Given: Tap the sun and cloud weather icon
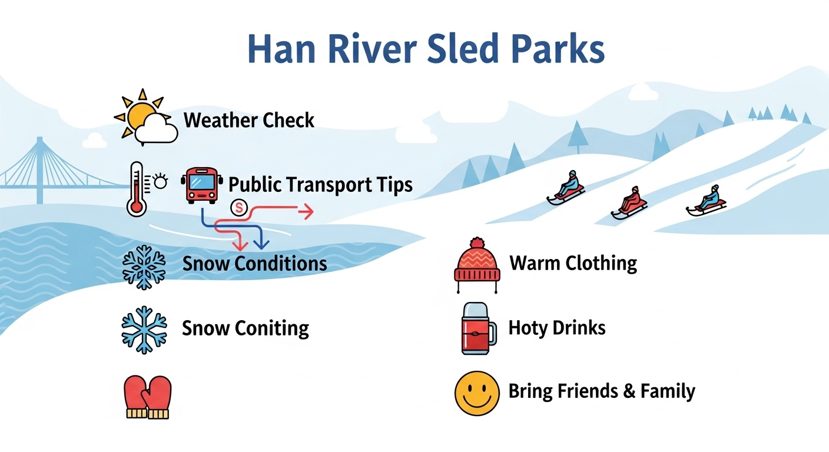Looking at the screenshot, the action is point(146,117).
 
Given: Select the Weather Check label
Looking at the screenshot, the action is point(248,120).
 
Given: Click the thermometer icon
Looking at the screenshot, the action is point(137,189).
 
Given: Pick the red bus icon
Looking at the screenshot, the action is point(202,185).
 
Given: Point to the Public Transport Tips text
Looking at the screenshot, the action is point(320,185).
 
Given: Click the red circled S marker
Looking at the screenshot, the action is point(238,208).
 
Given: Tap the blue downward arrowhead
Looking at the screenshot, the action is point(261,244).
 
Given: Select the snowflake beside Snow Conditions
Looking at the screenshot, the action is point(144,267).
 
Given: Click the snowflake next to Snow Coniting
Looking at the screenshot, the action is point(144,330).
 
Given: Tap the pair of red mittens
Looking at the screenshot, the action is point(148,397).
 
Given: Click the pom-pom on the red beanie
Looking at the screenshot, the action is point(477,243).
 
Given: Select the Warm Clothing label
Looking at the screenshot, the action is point(573,263).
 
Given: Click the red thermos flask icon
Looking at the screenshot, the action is point(479,328).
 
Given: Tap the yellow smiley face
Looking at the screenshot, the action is point(477,393).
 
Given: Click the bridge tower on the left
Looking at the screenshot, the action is point(39,170).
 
